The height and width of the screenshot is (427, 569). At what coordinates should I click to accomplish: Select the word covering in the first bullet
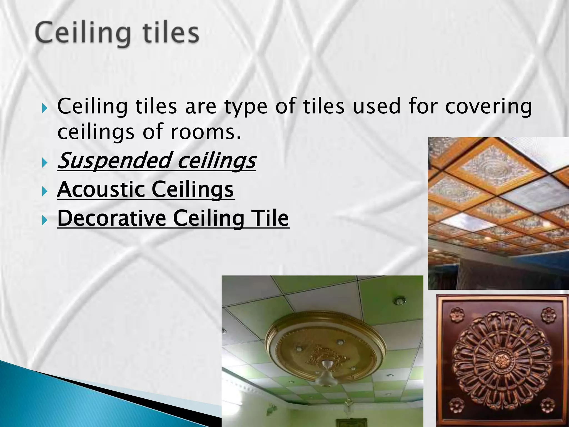tap(488, 106)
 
